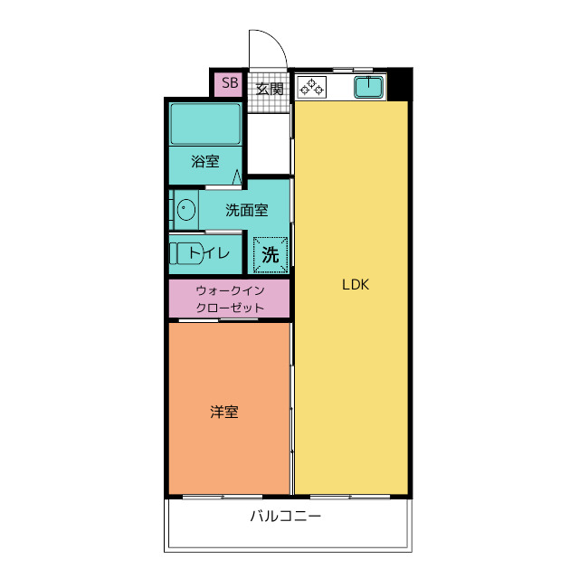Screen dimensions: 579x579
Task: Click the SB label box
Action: pos(229,84)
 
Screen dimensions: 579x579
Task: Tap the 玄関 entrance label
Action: pos(269,89)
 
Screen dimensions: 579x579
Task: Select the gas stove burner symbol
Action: pos(313,88)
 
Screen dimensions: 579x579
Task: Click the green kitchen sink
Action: pos(368,88)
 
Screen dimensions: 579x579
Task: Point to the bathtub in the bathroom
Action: pos(205,123)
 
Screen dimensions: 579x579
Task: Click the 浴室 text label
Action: pos(205,162)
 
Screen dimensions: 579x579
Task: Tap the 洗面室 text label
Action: pos(246,211)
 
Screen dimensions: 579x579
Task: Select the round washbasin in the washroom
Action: pos(185,211)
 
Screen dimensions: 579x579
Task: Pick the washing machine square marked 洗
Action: pos(270,254)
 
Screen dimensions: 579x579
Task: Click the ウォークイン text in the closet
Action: pos(230,290)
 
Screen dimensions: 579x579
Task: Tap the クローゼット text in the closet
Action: pos(230,308)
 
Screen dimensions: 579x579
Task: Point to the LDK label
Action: pos(355,284)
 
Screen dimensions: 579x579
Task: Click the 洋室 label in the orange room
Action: pos(224,412)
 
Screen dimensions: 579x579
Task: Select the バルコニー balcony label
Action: pos(286,517)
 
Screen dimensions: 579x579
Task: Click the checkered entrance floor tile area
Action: pos(269,101)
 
